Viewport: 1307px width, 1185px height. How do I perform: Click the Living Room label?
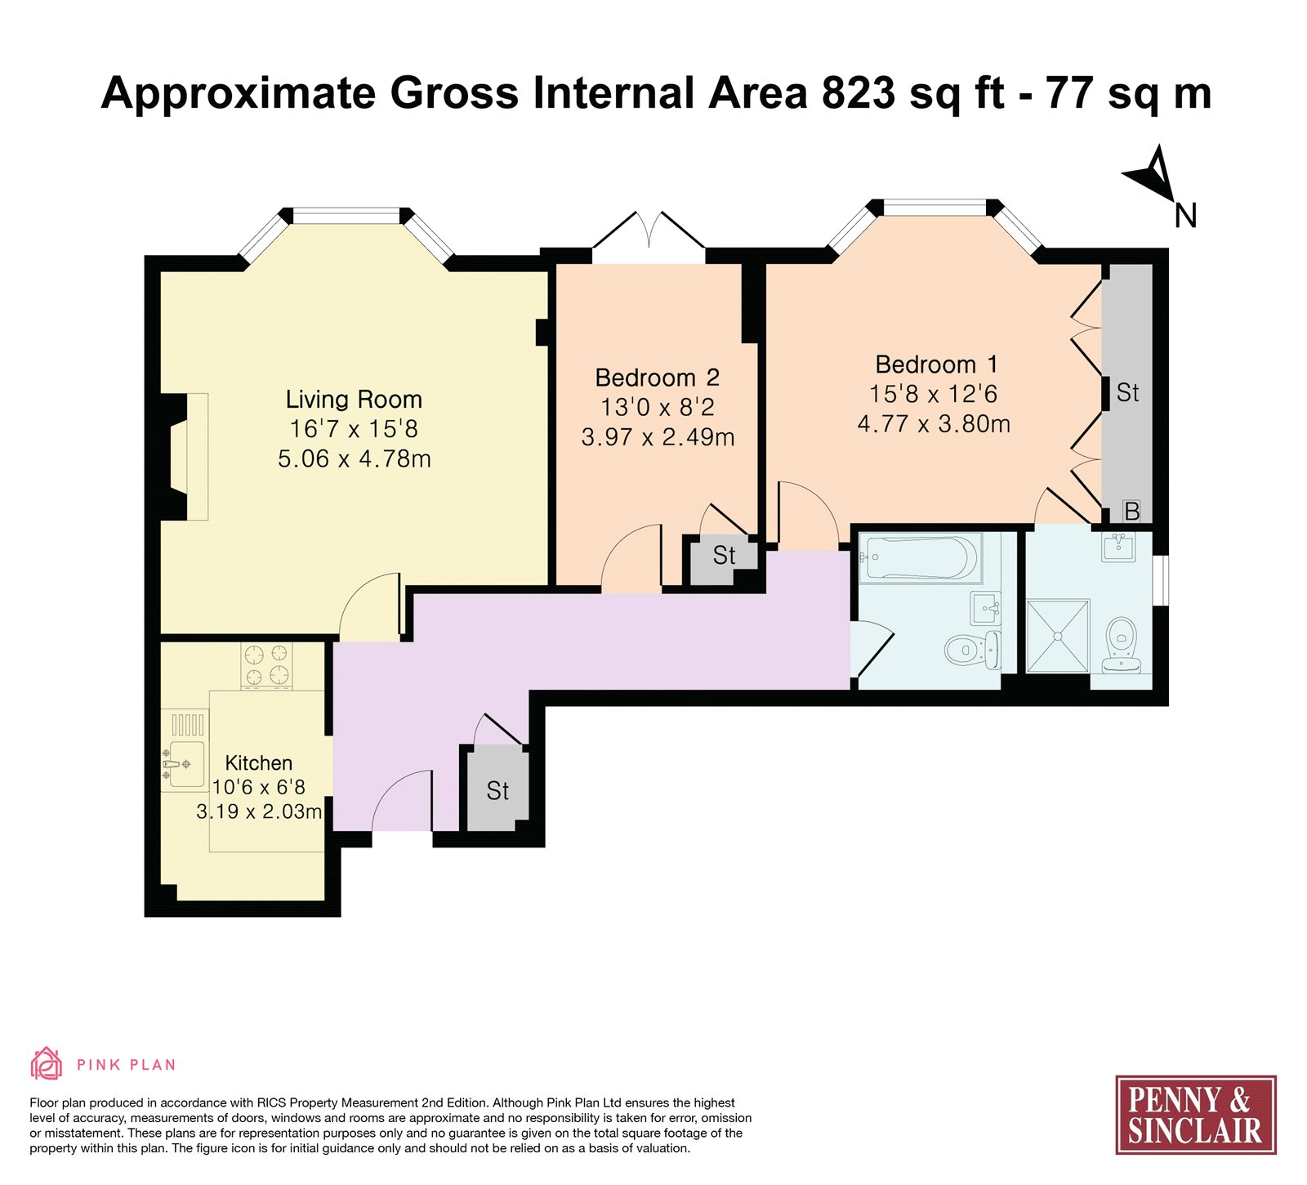(354, 400)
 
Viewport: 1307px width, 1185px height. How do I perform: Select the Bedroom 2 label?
(658, 378)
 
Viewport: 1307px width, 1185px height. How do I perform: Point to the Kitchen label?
(258, 763)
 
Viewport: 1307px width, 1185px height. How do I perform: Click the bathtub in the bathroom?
(918, 557)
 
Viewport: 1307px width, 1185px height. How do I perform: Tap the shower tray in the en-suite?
(1058, 636)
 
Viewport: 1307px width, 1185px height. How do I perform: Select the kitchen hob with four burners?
(266, 665)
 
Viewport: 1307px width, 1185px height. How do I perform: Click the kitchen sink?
(185, 764)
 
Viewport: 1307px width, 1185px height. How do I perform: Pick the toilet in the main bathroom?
(972, 650)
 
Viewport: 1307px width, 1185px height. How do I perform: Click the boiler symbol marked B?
(1131, 512)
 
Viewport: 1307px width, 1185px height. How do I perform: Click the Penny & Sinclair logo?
(1195, 1115)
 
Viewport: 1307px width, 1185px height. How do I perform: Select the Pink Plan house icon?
(46, 1064)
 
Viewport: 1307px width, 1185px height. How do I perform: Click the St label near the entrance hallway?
(497, 791)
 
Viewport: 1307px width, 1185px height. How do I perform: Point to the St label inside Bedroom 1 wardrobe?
(1127, 393)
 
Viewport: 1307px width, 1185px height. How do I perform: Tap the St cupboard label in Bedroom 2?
(724, 556)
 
